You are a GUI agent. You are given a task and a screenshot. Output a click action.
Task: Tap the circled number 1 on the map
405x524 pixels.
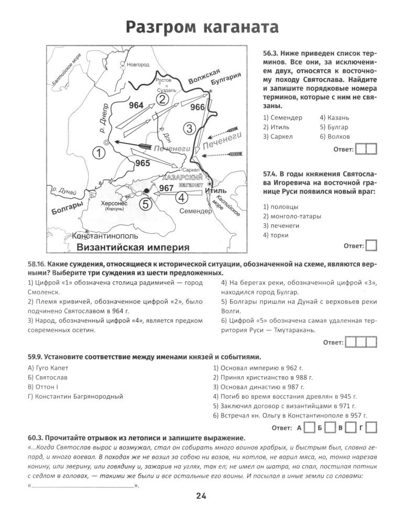pyautogui.click(x=98, y=153)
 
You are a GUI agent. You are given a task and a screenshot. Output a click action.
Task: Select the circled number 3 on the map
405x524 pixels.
pyautogui.click(x=191, y=127)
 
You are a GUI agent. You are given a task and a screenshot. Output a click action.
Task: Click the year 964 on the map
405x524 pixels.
pyautogui.click(x=136, y=105)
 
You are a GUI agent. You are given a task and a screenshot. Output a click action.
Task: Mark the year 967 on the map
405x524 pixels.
pyautogui.click(x=167, y=188)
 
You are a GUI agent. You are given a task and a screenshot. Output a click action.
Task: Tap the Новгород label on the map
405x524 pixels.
pyautogui.click(x=138, y=64)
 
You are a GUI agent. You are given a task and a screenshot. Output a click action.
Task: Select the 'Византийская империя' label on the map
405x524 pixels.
pyautogui.click(x=133, y=247)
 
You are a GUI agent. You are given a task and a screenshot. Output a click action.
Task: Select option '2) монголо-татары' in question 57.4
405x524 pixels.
pyautogui.click(x=292, y=216)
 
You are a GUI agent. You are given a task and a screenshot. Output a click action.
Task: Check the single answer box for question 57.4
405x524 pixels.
pyautogui.click(x=371, y=245)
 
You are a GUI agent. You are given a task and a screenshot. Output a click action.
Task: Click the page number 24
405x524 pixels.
pyautogui.click(x=202, y=497)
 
